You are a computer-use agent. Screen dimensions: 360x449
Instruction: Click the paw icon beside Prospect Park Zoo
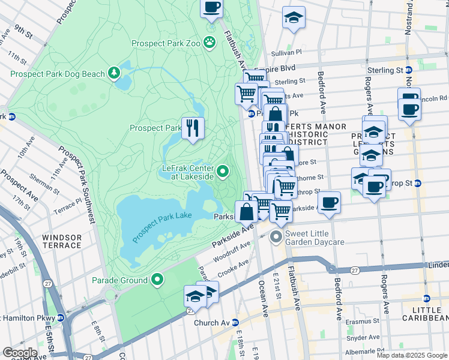click(x=209, y=41)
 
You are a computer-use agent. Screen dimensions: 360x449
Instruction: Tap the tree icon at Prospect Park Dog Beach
click(x=114, y=73)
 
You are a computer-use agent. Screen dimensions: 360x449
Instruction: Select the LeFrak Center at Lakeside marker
click(x=223, y=173)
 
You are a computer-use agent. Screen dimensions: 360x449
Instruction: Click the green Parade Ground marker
click(x=157, y=280)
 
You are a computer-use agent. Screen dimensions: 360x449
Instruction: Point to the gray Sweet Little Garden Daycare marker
click(x=276, y=237)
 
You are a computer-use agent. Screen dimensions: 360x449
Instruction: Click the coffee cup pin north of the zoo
click(x=211, y=8)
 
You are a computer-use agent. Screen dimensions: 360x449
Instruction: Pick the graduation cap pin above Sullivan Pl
click(x=294, y=17)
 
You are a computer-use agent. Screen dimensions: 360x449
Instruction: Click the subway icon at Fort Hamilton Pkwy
click(x=61, y=317)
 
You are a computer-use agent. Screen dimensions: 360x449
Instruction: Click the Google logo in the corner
click(x=20, y=353)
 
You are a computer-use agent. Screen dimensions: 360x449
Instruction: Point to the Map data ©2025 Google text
click(x=411, y=355)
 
